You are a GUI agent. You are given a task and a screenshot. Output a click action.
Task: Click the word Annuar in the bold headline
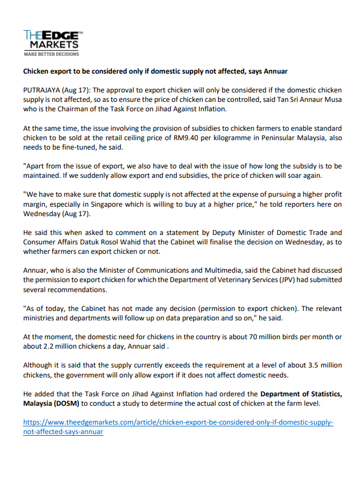click(273, 71)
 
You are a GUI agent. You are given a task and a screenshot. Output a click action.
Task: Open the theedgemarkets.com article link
click(178, 427)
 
